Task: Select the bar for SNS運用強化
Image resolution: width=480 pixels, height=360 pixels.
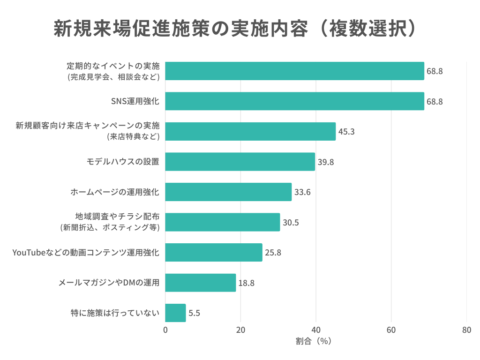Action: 294,101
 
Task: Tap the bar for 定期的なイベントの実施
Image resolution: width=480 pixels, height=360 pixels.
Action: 294,71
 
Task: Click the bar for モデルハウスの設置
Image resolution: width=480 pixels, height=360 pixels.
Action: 240,162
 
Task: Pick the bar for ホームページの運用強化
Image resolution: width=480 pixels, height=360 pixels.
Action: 228,192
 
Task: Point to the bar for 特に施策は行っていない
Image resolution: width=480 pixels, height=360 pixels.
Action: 175,313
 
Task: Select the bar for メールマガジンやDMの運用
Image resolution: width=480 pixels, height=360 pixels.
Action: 200,283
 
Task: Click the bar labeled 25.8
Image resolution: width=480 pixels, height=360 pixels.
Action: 214,252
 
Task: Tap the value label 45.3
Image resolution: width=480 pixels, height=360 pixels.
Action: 346,132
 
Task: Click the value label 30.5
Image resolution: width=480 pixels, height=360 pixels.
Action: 291,222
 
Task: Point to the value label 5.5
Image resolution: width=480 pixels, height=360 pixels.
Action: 195,313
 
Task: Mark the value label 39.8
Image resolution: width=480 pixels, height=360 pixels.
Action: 325,162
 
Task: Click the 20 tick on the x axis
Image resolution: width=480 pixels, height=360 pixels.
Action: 240,330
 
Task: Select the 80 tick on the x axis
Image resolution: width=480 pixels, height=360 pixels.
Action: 466,330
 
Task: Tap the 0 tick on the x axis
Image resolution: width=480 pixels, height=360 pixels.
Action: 165,330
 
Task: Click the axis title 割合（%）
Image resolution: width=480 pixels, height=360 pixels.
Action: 314,341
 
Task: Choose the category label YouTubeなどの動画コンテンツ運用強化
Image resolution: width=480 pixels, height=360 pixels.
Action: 86,253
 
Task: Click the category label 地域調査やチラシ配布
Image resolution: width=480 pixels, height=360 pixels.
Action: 117,217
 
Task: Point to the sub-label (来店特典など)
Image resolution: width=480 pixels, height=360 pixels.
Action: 133,137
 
